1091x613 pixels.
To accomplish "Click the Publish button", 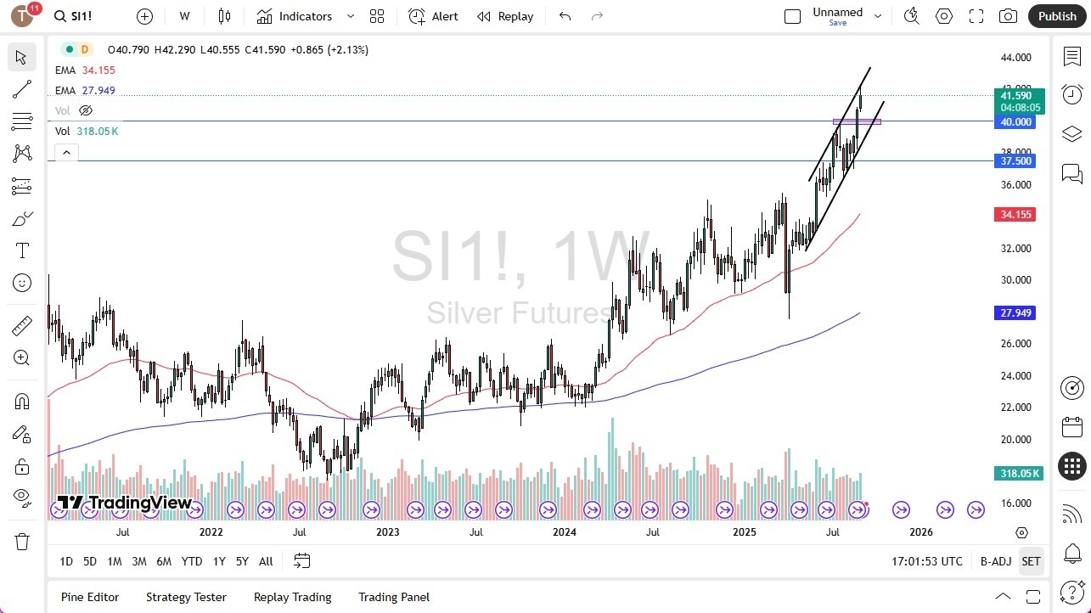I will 1056,16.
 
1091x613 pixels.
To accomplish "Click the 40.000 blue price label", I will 1015,121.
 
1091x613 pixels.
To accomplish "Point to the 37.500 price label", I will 1015,161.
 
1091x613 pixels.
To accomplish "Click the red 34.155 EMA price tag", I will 1015,215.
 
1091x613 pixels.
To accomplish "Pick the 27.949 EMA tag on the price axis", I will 1015,313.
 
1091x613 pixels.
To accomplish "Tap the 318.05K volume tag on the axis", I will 1019,473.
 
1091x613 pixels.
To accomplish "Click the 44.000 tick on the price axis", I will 1015,58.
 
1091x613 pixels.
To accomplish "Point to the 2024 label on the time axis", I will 564,532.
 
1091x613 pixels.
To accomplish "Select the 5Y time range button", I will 242,561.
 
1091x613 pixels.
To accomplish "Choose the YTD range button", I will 192,561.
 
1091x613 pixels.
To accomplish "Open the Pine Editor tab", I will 90,597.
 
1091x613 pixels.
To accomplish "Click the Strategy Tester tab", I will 186,597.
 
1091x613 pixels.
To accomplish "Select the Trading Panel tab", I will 394,597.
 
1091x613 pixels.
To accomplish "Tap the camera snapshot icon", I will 1008,16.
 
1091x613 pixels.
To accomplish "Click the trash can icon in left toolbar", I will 22,542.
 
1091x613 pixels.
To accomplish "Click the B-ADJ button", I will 995,561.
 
